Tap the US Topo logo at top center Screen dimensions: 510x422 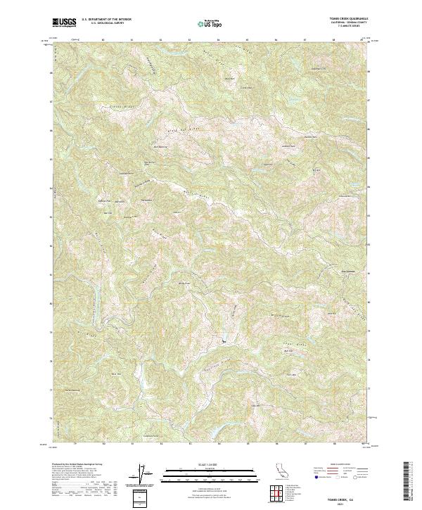point(209,23)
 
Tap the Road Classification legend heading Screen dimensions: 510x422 point(333,464)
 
